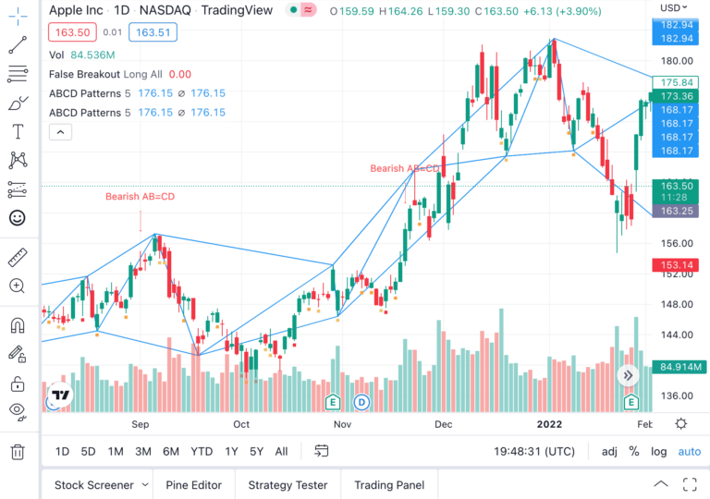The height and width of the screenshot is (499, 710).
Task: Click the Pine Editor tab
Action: click(x=193, y=485)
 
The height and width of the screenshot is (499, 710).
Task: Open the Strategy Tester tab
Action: click(x=288, y=485)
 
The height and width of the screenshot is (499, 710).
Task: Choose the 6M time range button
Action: click(x=171, y=451)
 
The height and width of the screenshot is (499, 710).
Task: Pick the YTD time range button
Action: click(x=202, y=451)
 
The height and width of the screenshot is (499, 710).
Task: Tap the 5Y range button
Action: click(x=256, y=451)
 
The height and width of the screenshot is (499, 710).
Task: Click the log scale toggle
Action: click(x=658, y=451)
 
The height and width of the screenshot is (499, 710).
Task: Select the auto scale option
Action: click(x=690, y=451)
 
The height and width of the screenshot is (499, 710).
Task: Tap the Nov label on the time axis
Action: click(x=342, y=424)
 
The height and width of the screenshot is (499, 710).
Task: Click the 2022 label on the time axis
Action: click(x=550, y=424)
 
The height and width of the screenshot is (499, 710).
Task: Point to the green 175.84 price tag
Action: click(x=673, y=82)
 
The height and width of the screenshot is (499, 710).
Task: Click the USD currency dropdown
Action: click(x=674, y=8)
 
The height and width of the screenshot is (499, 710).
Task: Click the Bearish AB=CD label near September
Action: click(x=140, y=196)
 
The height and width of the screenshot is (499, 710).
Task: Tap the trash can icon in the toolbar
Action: click(x=17, y=452)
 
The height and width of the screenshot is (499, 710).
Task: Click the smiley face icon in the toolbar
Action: click(x=17, y=218)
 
